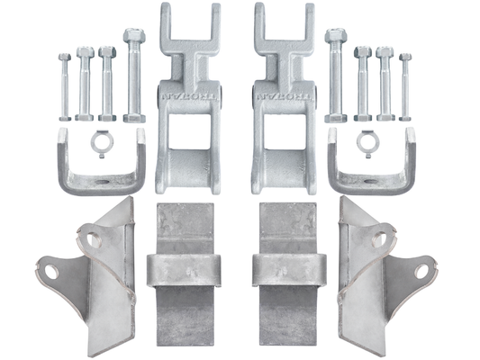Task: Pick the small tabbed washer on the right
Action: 366,141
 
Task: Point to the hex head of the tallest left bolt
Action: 134,38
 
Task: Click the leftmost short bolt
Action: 64,86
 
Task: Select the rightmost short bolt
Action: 405,86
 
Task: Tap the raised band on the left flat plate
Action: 182,268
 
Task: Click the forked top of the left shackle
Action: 188,27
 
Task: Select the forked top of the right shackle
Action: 281,27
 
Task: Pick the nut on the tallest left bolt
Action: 134,116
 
